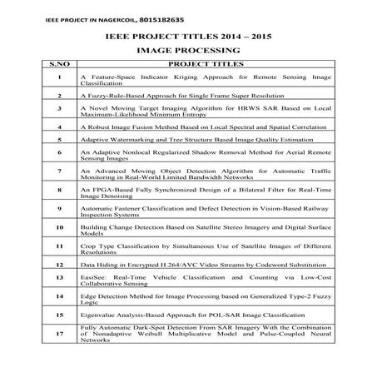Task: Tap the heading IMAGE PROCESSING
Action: (187, 51)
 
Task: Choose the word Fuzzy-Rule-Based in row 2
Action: (122, 96)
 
